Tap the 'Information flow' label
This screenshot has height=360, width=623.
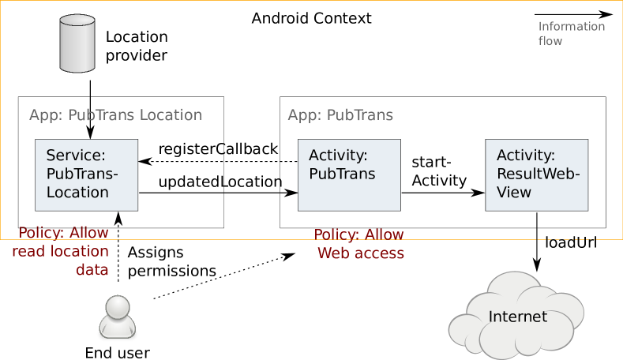(x=571, y=33)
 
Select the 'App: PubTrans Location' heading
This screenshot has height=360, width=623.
(x=115, y=115)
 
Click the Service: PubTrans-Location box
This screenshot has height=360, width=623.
(x=87, y=174)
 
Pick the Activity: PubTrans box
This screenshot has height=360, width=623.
(x=348, y=174)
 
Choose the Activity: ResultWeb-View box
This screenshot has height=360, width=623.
(x=536, y=174)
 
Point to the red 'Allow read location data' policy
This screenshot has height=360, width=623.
(x=62, y=252)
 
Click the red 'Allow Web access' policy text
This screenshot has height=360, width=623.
(x=359, y=244)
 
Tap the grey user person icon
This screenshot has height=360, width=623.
(x=117, y=317)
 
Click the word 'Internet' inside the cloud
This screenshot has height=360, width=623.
(x=517, y=317)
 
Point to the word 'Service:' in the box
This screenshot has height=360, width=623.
(x=76, y=156)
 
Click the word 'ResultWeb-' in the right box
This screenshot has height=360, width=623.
(x=538, y=174)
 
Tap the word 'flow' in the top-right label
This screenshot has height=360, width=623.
(x=550, y=40)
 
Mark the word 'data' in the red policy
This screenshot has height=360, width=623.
(x=92, y=270)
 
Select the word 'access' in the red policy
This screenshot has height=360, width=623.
(x=376, y=253)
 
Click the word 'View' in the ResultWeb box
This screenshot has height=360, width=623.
(x=514, y=192)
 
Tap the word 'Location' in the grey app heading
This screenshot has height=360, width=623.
(x=171, y=115)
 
